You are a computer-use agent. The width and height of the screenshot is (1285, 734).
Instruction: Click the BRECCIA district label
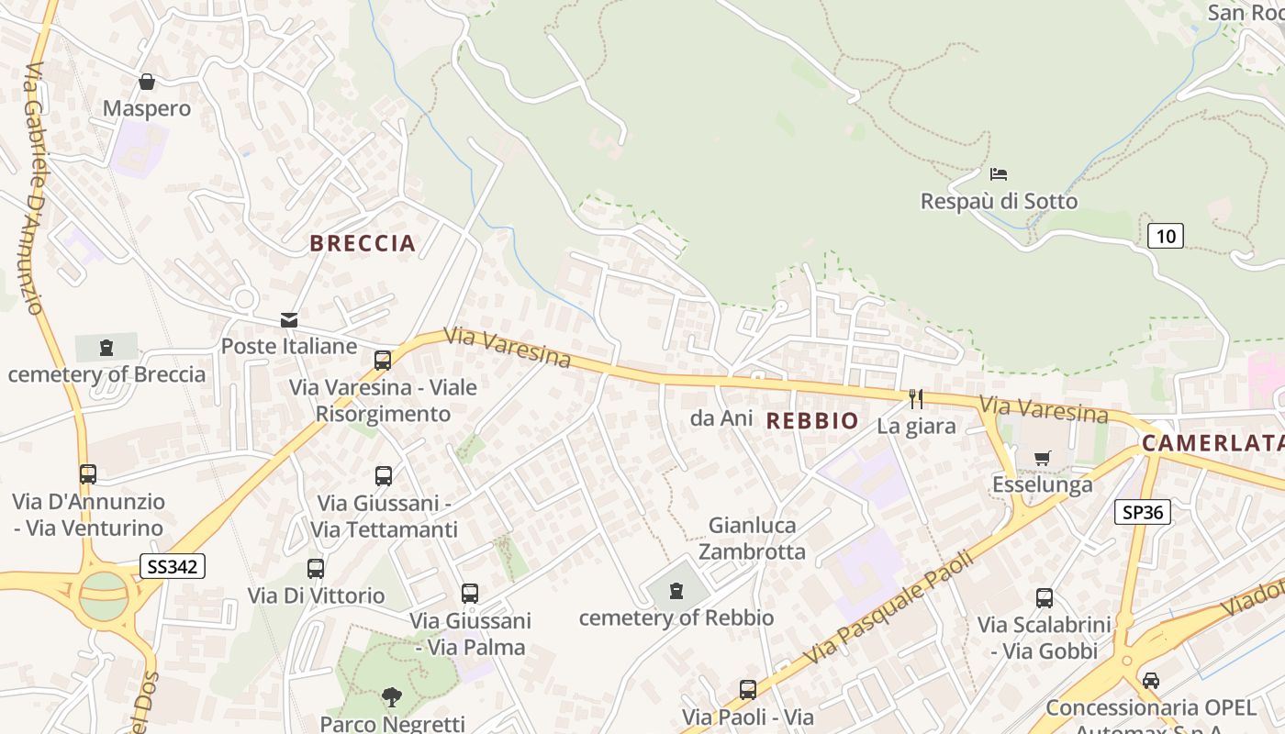(363, 243)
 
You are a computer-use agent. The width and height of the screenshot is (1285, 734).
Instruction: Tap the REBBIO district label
(812, 421)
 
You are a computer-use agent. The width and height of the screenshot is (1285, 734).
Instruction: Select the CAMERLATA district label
(1212, 443)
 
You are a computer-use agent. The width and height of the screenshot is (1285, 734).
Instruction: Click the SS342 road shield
(173, 566)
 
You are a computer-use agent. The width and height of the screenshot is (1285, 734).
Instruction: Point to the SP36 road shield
(1143, 512)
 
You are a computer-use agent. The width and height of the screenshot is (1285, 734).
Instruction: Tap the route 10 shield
(1165, 236)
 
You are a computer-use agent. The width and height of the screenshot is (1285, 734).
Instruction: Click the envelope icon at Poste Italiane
(289, 320)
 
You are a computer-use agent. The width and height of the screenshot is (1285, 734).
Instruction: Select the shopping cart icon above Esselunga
(1042, 458)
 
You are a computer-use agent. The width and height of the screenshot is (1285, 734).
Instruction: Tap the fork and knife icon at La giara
(915, 398)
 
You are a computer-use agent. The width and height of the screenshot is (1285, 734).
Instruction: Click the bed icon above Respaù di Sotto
(999, 173)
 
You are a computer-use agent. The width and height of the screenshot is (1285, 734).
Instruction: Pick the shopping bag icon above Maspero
(147, 82)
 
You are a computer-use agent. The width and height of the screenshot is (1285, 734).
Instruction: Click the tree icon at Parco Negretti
(392, 697)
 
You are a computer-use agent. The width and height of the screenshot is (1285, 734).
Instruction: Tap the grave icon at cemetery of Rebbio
(676, 591)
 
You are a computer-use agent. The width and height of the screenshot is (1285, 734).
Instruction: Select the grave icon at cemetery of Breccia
(106, 348)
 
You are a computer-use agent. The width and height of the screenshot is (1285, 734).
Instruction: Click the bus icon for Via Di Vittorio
(316, 569)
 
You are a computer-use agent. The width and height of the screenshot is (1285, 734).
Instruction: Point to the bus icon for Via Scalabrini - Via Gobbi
(1044, 598)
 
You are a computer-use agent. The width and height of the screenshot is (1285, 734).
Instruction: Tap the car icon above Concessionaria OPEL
(1150, 681)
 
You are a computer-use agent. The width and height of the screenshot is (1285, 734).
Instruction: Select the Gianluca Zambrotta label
(753, 539)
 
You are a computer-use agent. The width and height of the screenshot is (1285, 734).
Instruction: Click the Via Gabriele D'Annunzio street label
(34, 188)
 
